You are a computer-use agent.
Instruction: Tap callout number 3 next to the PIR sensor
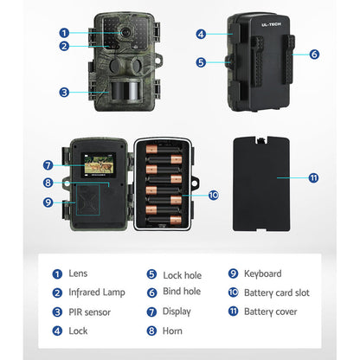[63, 92]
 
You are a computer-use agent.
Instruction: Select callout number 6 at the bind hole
[314, 53]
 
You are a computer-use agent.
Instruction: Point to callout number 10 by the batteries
[214, 196]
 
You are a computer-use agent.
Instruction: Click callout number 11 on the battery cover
[313, 177]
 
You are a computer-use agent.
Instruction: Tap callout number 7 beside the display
[48, 164]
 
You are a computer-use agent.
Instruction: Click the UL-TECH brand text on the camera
[260, 26]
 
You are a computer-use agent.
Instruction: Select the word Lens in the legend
[79, 273]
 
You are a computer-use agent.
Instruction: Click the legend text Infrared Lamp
[97, 292]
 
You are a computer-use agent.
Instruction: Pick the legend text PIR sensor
[91, 312]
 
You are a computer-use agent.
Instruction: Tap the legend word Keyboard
[263, 273]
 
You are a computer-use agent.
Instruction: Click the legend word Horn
[172, 331]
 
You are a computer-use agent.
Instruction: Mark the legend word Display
[176, 312]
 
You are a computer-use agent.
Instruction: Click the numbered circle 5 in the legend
[151, 273]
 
